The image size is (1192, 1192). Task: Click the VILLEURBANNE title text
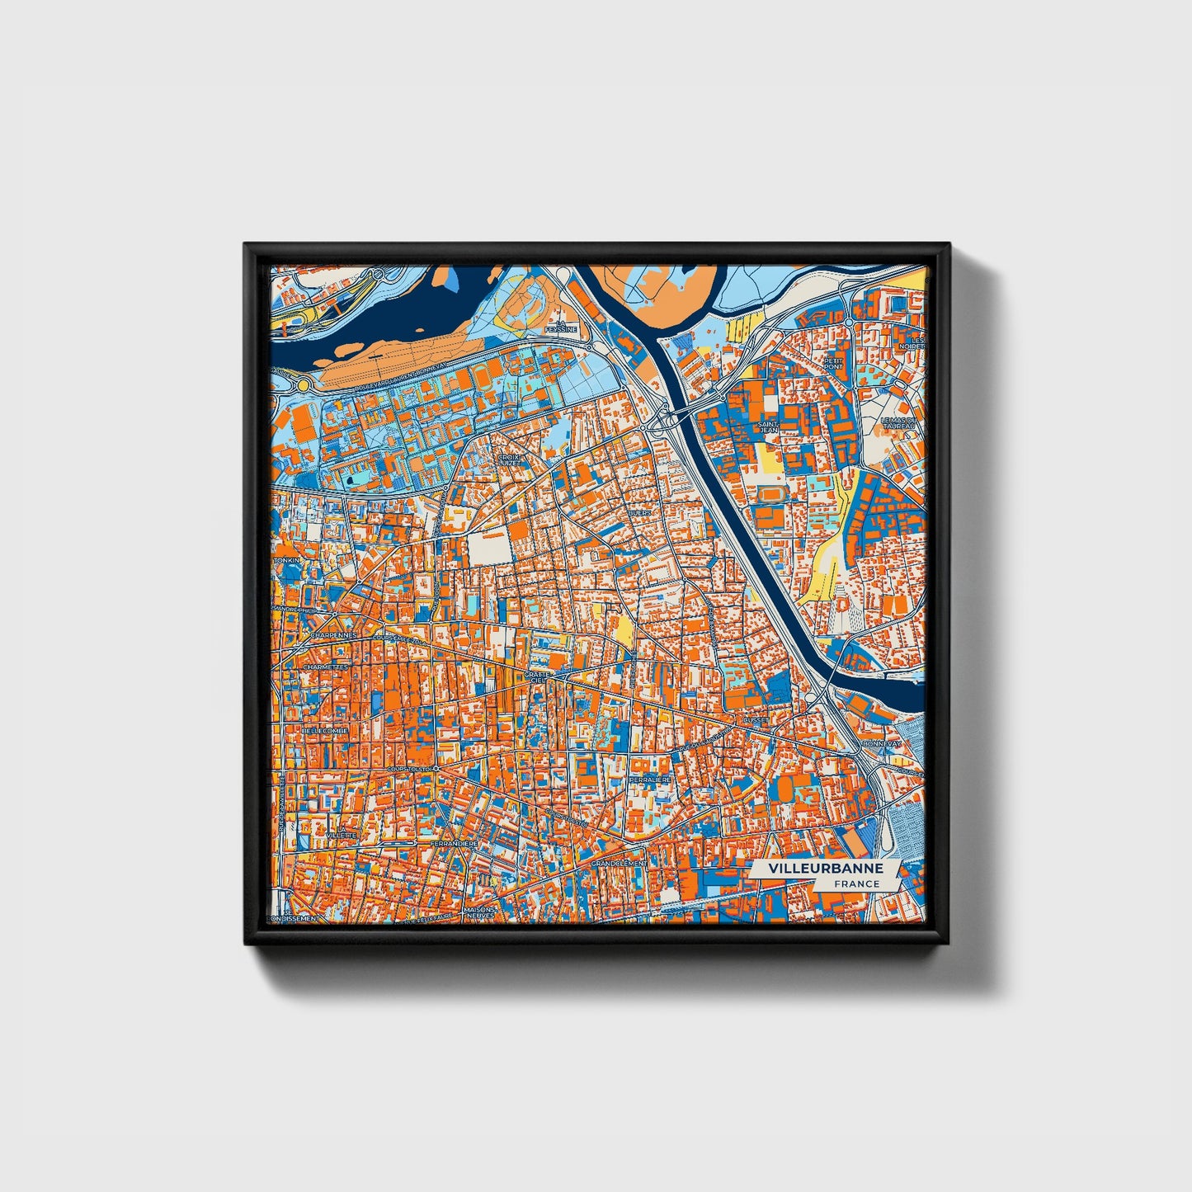825,869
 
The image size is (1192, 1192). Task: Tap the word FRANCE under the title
856,884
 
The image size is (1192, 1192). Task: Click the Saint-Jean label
768,426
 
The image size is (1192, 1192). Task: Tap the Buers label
639,513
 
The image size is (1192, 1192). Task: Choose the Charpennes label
334,635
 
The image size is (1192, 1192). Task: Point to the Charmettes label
325,667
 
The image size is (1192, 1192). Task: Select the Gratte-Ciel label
536,677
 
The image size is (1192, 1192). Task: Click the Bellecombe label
325,730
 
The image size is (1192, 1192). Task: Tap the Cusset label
755,719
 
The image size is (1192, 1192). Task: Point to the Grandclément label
620,863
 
